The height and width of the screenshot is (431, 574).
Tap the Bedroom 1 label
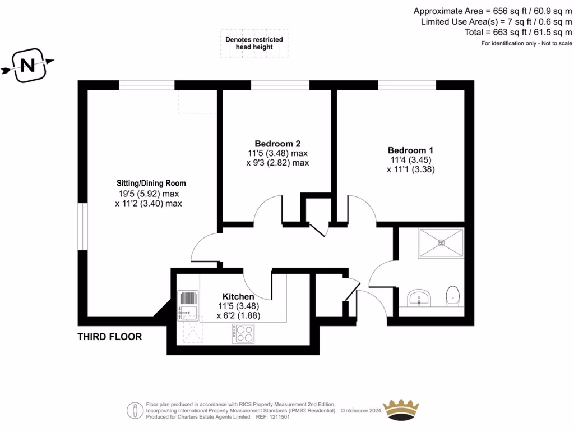click(x=410, y=150)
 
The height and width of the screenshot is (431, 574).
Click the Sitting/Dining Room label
click(x=151, y=184)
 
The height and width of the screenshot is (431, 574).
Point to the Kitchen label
click(x=238, y=296)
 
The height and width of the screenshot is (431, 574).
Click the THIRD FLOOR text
click(x=109, y=337)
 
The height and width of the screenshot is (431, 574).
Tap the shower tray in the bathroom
click(x=441, y=243)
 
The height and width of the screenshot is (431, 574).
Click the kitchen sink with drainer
click(x=188, y=305)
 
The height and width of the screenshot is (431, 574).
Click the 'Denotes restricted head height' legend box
click(x=254, y=43)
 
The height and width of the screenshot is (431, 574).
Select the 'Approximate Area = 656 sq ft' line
click(x=493, y=11)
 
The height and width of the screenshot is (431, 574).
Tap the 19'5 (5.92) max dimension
click(x=149, y=194)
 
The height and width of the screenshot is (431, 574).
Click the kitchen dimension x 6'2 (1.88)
click(x=238, y=316)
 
